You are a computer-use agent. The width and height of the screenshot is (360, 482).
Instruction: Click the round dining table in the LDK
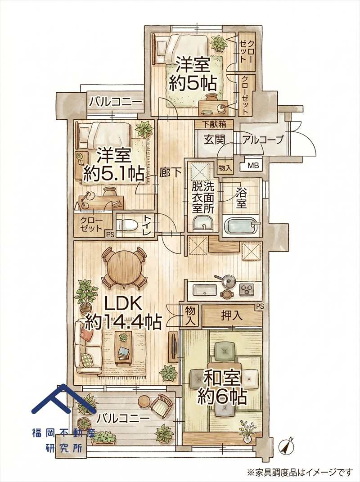[123, 267]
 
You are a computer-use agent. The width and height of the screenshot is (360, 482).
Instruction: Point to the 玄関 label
[214, 139]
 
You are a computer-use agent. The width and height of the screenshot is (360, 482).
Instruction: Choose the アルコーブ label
[262, 140]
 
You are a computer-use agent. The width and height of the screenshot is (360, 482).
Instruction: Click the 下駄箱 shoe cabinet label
[214, 124]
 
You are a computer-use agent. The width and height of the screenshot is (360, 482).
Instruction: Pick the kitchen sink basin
[205, 289]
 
